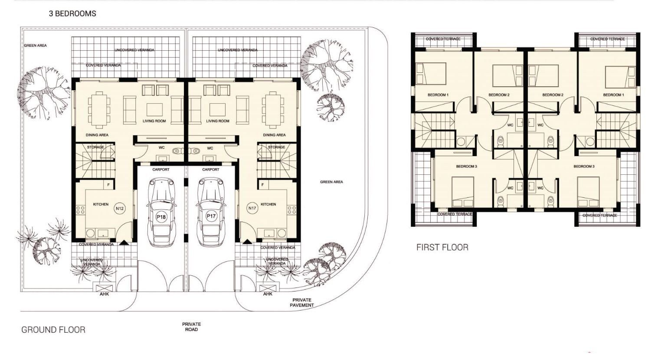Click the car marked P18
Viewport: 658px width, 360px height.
162,213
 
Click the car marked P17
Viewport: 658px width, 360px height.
211,213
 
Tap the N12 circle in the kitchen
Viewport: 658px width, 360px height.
120,209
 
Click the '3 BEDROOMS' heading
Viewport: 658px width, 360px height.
72,13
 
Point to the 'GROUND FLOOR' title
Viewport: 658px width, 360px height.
53,330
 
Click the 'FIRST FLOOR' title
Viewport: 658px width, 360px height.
442,247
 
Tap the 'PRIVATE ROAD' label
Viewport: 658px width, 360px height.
192,327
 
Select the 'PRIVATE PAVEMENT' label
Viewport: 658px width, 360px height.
302,302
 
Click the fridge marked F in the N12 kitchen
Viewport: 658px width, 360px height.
108,185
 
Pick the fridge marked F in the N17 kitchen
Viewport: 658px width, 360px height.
262,185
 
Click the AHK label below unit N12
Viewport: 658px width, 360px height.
104,294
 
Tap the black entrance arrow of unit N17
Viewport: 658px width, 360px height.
247,242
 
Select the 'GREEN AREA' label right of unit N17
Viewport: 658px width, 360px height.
331,182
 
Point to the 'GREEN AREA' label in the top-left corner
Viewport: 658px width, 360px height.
35,46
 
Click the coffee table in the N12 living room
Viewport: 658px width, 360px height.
154,110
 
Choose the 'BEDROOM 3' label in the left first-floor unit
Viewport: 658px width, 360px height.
466,167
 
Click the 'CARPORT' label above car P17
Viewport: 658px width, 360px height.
211,170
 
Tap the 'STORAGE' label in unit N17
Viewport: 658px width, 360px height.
276,147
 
